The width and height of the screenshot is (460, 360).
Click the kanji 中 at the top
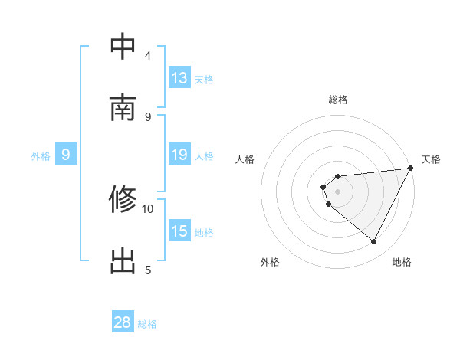(x=123, y=47)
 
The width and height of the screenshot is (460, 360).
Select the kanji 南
(x=123, y=108)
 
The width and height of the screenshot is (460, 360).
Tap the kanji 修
(x=123, y=200)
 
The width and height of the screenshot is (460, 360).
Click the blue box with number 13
(x=179, y=78)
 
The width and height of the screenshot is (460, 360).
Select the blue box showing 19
(x=179, y=155)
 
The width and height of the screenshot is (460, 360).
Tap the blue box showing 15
(x=179, y=231)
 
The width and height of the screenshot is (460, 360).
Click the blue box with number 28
(x=123, y=323)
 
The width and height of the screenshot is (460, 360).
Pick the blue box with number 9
(x=66, y=155)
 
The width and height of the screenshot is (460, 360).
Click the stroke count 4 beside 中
(x=148, y=55)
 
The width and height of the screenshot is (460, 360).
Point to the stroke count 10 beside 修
(x=148, y=208)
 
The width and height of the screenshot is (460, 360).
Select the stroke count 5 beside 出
(x=148, y=270)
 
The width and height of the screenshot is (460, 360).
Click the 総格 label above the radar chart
(x=338, y=100)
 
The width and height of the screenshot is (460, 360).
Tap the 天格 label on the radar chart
(x=432, y=159)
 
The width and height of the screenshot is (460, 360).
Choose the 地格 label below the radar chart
(x=402, y=262)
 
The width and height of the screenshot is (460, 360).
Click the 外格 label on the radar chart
(x=270, y=262)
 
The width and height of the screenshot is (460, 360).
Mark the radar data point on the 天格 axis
(x=411, y=169)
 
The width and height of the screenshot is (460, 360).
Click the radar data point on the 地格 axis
(x=374, y=242)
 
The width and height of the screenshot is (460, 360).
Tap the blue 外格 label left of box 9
(x=41, y=155)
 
